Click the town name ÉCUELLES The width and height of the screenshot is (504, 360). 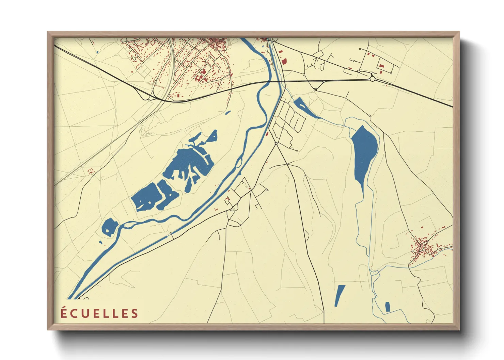point(99,313)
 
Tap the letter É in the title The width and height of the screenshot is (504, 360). point(64,313)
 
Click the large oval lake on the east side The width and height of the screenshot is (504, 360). point(364,153)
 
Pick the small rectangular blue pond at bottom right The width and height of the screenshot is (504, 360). point(387,307)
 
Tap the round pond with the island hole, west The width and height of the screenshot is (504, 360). point(110,227)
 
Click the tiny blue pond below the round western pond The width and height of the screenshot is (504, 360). point(101,242)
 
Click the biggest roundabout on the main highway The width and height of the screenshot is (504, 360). point(372,79)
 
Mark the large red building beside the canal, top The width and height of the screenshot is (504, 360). point(284,61)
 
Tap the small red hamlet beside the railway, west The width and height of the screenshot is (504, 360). point(91,170)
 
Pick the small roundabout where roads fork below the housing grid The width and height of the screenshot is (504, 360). point(276,144)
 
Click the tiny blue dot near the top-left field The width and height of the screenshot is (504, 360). point(97,52)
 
